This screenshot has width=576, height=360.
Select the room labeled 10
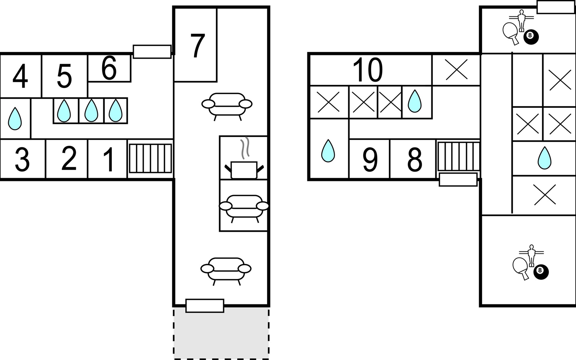[367, 70]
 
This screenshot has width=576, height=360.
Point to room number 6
[109, 69]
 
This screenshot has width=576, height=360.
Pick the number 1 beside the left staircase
[109, 160]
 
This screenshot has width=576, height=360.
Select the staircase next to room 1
[150, 158]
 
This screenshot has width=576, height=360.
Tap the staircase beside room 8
[458, 156]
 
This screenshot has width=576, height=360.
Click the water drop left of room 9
[328, 151]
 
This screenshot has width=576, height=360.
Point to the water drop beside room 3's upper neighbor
[15, 118]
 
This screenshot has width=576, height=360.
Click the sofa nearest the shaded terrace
[226, 270]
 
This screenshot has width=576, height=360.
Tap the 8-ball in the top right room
[531, 37]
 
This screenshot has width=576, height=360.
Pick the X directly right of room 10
[456, 70]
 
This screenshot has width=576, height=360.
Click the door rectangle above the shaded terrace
[205, 306]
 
